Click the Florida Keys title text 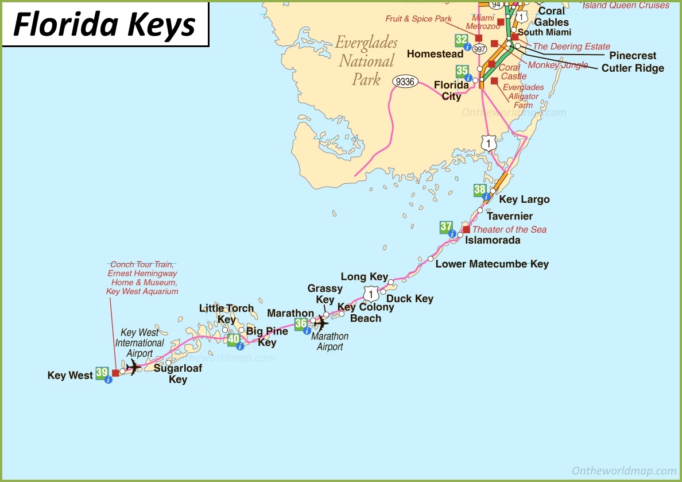[104, 24]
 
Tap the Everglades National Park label [366, 61]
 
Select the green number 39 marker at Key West [102, 373]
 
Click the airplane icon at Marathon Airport [320, 323]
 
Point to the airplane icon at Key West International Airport [133, 367]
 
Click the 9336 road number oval [405, 82]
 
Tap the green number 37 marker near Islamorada [446, 227]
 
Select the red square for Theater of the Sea [466, 229]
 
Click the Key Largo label [524, 199]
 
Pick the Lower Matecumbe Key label [492, 264]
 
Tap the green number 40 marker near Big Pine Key [234, 339]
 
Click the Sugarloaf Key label [178, 373]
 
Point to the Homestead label [435, 54]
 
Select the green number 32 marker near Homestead [461, 40]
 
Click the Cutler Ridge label [633, 68]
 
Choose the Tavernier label [510, 217]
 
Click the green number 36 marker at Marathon [301, 323]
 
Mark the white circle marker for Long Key [390, 282]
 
